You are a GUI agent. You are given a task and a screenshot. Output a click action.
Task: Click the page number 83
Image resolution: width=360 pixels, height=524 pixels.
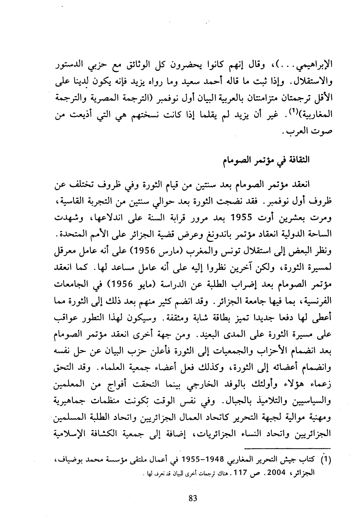[193, 498]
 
